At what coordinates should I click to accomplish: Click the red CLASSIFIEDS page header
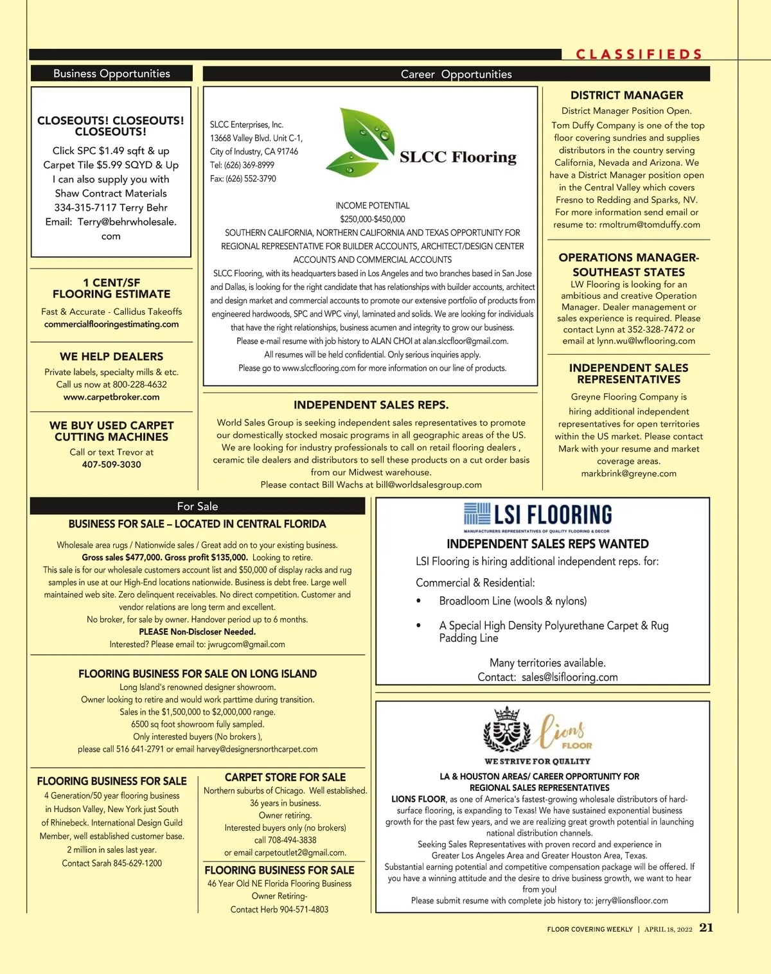point(639,55)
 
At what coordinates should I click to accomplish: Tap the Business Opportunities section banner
point(112,73)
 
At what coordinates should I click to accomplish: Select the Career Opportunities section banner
point(456,74)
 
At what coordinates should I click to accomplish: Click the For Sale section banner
point(197,506)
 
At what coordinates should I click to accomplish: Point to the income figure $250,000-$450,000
point(373,219)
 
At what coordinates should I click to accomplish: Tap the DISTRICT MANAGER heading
point(626,95)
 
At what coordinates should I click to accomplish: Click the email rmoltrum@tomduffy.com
point(650,224)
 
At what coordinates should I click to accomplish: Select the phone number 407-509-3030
point(111,465)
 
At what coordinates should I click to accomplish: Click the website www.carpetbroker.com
point(111,397)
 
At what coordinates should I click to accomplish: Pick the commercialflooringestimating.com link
point(111,324)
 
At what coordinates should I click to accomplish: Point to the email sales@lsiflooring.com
point(569,677)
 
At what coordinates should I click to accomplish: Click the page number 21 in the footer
point(706,928)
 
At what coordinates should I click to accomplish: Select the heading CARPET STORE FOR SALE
point(285,777)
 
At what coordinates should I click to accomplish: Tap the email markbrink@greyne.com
point(628,474)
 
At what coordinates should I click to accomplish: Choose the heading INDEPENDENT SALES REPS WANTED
point(547,544)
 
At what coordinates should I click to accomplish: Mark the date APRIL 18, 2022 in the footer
point(668,929)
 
